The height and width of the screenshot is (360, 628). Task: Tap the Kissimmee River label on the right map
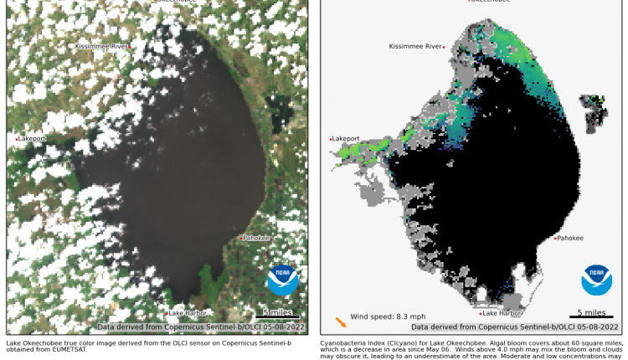[415, 46]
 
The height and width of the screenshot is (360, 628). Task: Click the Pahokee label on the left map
[257, 238]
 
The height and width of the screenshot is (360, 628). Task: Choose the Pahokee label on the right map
[570, 238]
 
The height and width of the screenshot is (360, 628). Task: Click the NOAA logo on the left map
[282, 280]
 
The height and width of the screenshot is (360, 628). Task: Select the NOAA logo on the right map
[596, 280]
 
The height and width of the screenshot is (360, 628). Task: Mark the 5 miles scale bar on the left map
[275, 315]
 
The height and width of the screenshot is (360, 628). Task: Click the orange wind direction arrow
[340, 321]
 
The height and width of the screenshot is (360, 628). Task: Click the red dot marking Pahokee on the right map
[555, 239]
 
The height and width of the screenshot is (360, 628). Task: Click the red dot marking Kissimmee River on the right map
[445, 47]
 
